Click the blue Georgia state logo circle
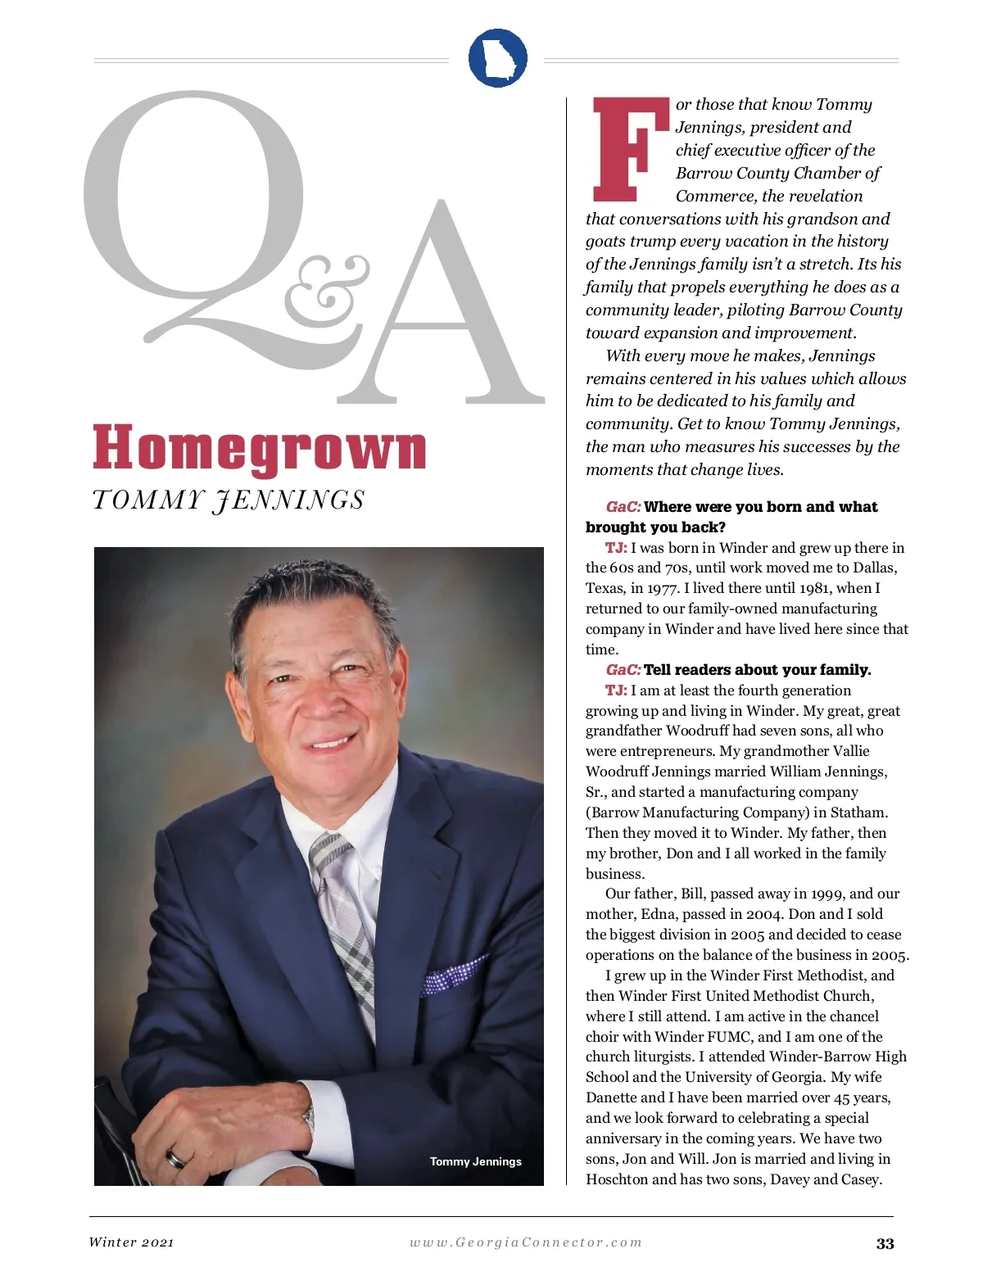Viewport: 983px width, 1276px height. (x=497, y=57)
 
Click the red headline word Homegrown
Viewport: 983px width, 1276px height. (x=260, y=448)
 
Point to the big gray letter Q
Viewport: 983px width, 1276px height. (x=197, y=213)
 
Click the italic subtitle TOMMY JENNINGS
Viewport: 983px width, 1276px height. (x=229, y=500)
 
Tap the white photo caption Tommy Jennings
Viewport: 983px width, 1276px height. (x=475, y=1161)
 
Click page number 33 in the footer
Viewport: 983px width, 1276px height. (x=885, y=1243)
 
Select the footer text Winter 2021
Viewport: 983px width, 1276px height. (x=132, y=1242)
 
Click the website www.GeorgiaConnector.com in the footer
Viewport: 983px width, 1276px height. (x=526, y=1242)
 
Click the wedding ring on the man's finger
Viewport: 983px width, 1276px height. (x=176, y=1158)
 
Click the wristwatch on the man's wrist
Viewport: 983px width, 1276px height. (x=309, y=1118)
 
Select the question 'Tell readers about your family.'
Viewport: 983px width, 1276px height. (x=757, y=670)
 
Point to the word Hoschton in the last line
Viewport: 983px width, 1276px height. (x=616, y=1179)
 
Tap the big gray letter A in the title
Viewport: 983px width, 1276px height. (x=442, y=311)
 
